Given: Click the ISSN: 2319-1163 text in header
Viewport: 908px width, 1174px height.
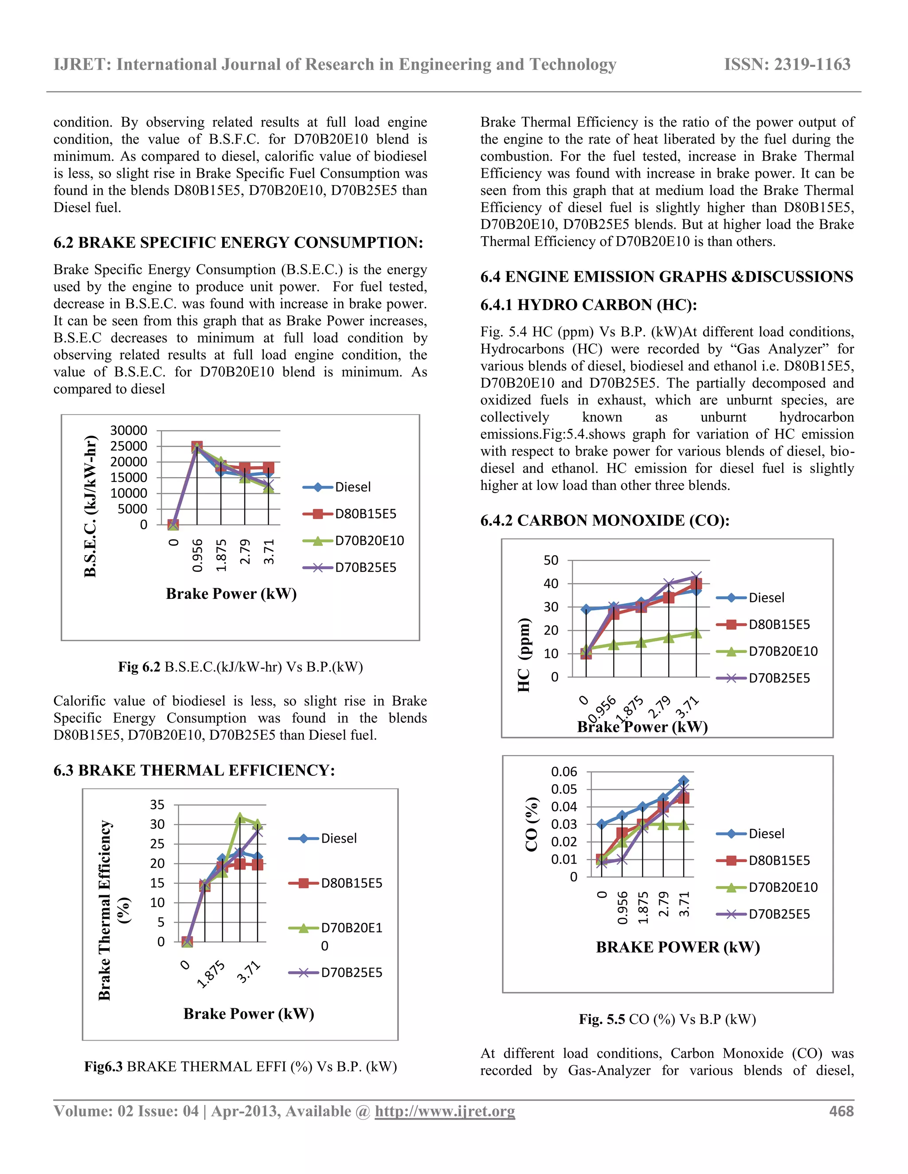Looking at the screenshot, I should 787,65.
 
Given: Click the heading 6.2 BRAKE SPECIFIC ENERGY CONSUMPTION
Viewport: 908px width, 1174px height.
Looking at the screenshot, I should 238,242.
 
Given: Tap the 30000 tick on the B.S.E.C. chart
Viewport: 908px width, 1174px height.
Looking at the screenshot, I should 129,431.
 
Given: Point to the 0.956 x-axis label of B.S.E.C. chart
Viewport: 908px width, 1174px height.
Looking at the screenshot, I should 197,556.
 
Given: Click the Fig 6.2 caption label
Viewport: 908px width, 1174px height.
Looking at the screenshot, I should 139,667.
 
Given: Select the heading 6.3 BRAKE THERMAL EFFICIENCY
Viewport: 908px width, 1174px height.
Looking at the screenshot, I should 194,770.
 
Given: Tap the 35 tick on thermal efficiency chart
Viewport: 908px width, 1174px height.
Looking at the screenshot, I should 157,805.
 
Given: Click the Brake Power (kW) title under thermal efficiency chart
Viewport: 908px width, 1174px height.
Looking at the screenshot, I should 249,1014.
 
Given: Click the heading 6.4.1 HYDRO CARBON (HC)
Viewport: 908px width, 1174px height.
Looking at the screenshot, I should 588,305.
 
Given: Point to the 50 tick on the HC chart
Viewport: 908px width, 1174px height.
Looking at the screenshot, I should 551,560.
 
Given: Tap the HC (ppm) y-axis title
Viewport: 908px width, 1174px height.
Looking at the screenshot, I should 524,655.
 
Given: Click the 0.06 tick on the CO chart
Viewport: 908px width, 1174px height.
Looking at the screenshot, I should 564,772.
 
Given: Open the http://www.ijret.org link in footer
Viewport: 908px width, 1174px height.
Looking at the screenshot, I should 445,1111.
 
